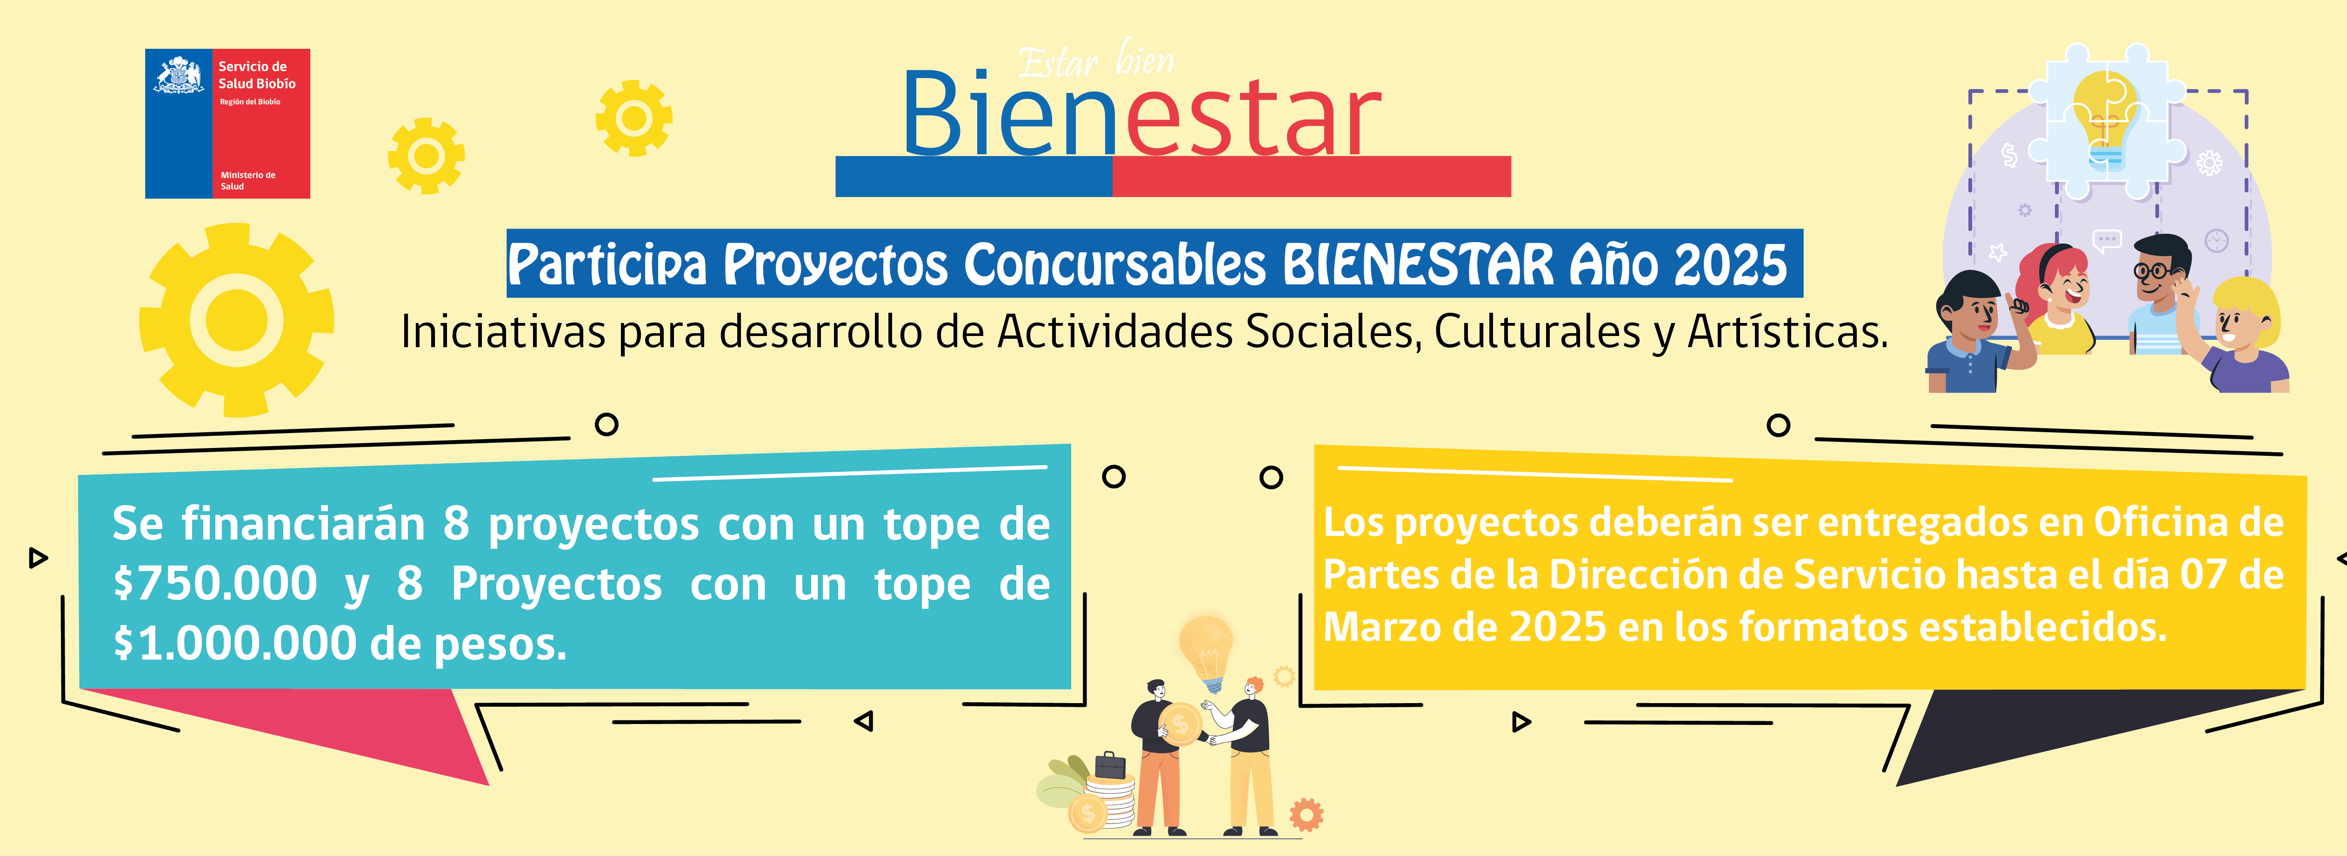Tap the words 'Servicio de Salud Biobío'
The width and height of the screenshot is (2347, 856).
tap(257, 75)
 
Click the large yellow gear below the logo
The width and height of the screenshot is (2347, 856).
tap(237, 321)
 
